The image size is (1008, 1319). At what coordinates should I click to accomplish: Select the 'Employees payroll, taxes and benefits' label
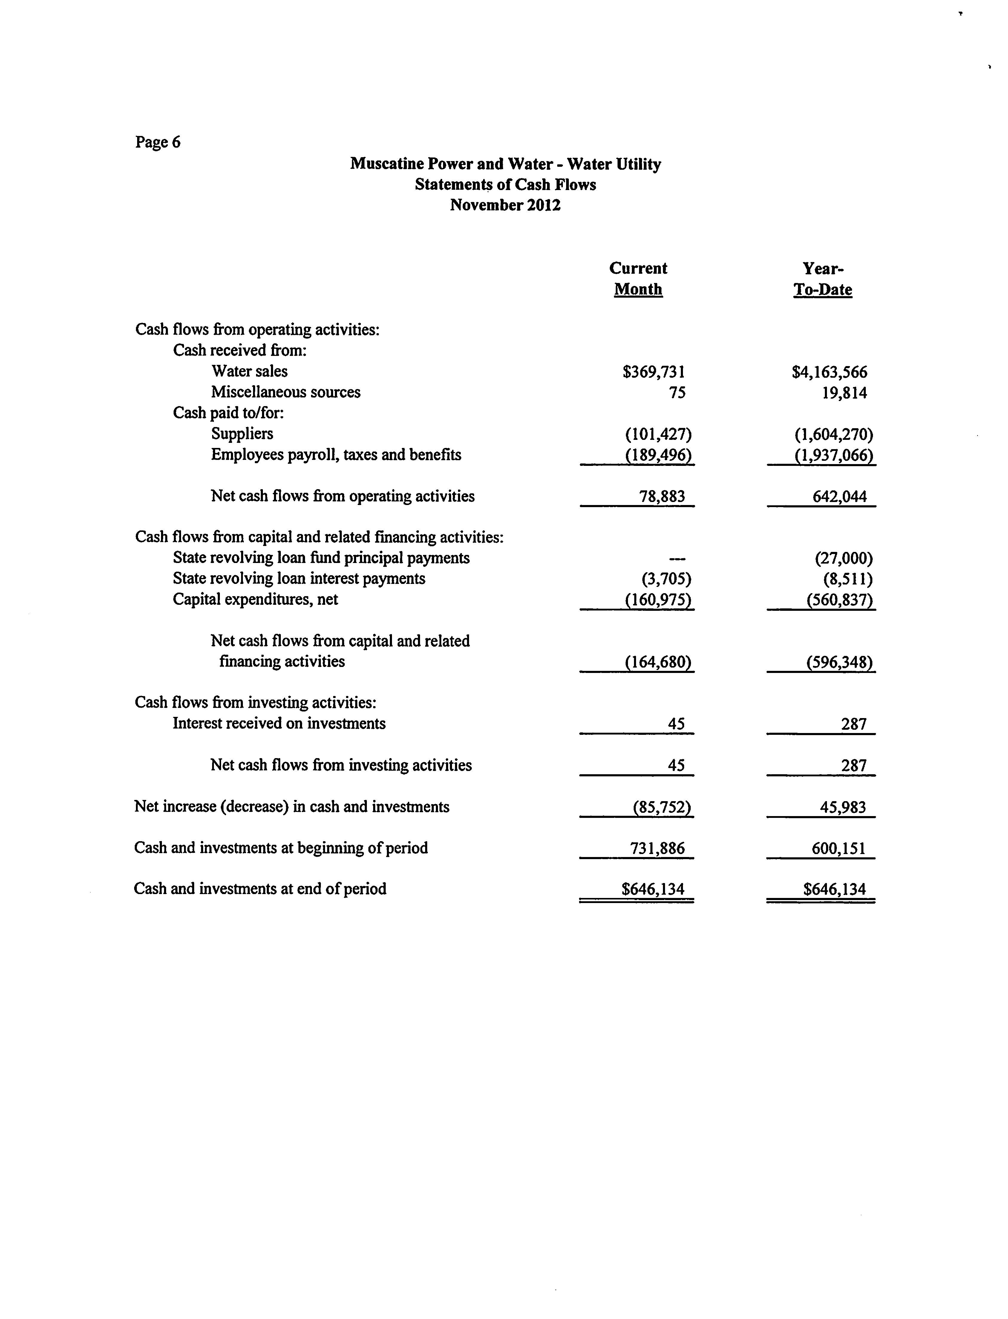click(336, 455)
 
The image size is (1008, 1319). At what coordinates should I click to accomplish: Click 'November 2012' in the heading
click(505, 205)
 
